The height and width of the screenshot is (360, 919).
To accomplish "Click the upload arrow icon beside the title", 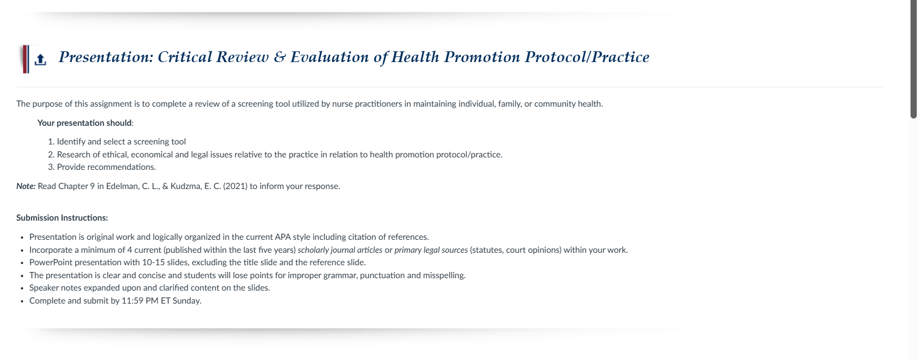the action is pyautogui.click(x=40, y=59).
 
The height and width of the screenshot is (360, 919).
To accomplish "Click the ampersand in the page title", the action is pyautogui.click(x=279, y=57).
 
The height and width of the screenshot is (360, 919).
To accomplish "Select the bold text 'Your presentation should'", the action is pyautogui.click(x=85, y=123).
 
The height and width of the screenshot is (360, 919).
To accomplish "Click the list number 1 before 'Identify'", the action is pyautogui.click(x=50, y=142).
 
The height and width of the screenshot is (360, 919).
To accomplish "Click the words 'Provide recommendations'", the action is pyautogui.click(x=106, y=167).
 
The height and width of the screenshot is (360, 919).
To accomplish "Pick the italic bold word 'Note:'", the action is pyautogui.click(x=26, y=186).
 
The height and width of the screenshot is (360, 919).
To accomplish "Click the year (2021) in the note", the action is pyautogui.click(x=235, y=186).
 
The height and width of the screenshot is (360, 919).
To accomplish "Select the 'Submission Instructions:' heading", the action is pyautogui.click(x=62, y=218).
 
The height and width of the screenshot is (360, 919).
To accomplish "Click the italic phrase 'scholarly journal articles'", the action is pyautogui.click(x=340, y=250).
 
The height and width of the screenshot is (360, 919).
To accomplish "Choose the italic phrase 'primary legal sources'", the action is pyautogui.click(x=431, y=250).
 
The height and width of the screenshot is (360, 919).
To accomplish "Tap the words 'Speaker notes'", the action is pyautogui.click(x=55, y=288).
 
